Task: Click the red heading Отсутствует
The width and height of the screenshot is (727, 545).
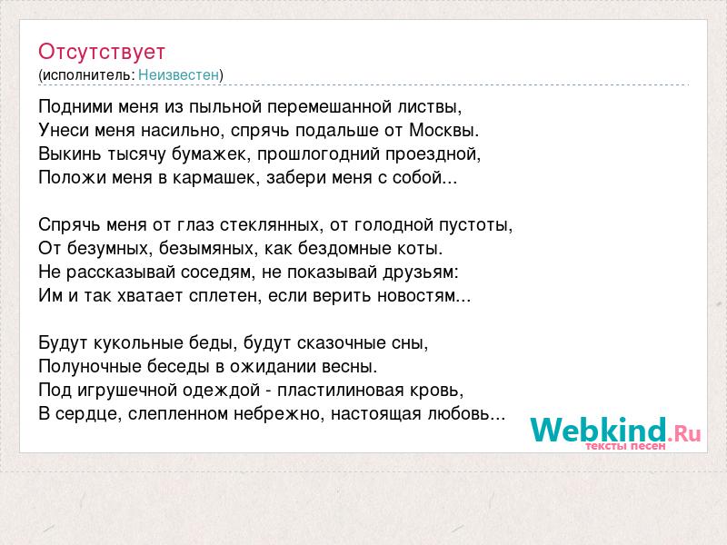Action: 102,52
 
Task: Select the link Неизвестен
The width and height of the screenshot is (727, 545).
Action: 178,74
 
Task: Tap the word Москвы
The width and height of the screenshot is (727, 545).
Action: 443,130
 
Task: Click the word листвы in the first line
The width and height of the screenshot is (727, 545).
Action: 430,107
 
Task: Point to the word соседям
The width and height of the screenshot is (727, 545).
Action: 218,272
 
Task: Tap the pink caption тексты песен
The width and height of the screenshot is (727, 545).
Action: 625,446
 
